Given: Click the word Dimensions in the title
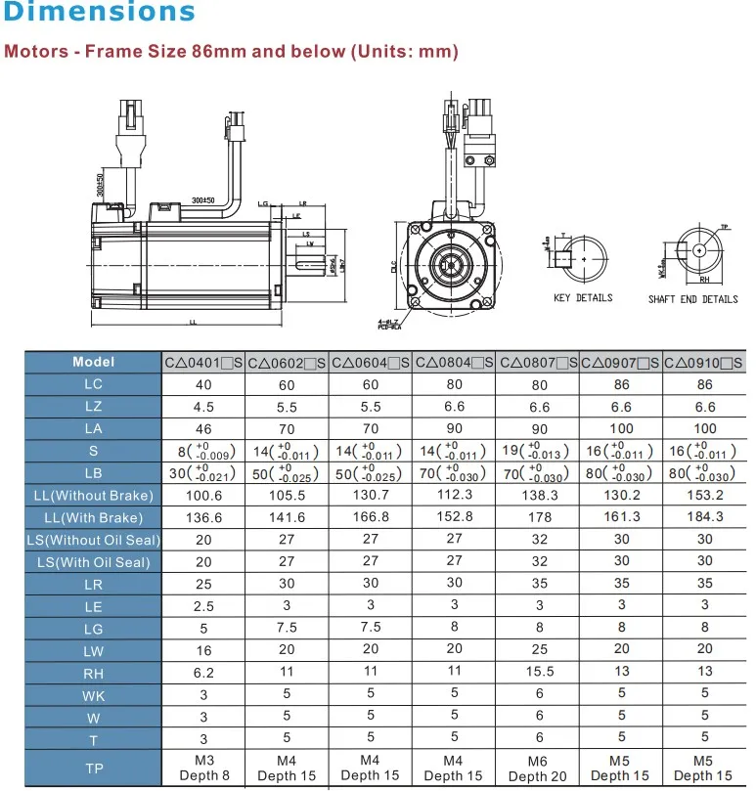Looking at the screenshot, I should [99, 14].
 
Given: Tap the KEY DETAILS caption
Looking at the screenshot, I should [583, 298].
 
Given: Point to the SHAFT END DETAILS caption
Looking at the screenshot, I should [692, 299].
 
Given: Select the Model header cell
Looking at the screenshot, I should [94, 362].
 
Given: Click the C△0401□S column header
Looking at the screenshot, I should [203, 363].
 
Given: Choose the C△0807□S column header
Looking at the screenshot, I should [539, 363].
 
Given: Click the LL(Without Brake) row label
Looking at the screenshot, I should [94, 496].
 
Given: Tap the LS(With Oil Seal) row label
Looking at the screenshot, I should [94, 562].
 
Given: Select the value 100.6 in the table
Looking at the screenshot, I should [203, 496].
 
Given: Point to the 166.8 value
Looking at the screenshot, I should [371, 517].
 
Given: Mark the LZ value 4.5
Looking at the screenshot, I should [203, 407].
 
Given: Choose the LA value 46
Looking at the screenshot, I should [203, 428].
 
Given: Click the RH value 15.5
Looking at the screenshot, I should [539, 673].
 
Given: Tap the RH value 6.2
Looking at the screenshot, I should [203, 673].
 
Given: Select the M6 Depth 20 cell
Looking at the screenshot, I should [539, 769].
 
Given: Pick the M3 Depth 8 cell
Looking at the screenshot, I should [203, 769].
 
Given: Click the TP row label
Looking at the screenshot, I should [94, 769].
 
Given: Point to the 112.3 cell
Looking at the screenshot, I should [455, 496].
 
